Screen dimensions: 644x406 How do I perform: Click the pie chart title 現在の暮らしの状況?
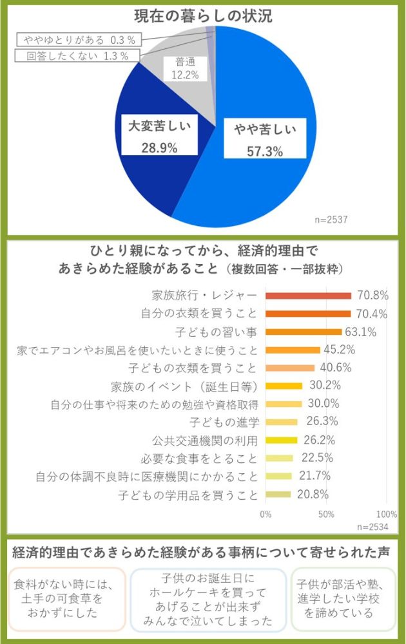point(203,16)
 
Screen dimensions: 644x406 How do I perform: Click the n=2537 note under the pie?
point(331,220)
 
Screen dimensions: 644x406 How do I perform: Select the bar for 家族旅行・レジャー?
point(309,296)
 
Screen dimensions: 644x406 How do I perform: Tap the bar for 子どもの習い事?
point(304,332)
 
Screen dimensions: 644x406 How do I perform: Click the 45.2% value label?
point(338,350)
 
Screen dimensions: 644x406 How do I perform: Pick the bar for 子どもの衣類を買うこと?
point(290,368)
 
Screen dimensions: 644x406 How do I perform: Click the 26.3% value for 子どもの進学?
point(314,422)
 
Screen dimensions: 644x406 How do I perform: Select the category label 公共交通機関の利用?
point(205,440)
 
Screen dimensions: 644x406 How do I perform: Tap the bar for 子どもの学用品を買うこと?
point(278,495)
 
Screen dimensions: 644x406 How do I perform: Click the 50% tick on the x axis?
point(326,515)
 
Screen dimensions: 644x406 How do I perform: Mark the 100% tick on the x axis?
point(386,515)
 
